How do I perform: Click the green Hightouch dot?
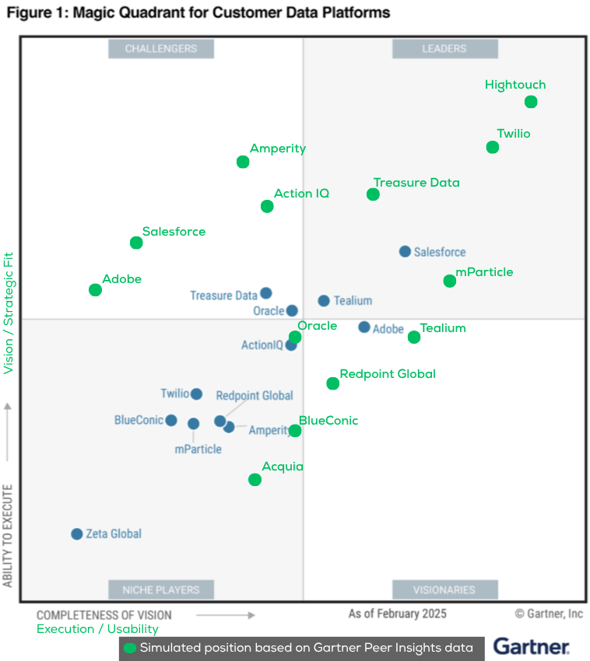pyautogui.click(x=531, y=102)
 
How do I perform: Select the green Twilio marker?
pyautogui.click(x=493, y=147)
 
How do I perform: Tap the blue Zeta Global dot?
pyautogui.click(x=77, y=534)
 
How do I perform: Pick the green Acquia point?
pyautogui.click(x=255, y=480)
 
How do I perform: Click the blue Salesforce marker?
pyautogui.click(x=405, y=251)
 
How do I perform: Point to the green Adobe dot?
pyautogui.click(x=95, y=290)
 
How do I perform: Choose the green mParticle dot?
pyautogui.click(x=450, y=281)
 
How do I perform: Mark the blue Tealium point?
pyautogui.click(x=324, y=301)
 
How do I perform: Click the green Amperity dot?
pyautogui.click(x=243, y=162)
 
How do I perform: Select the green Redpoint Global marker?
pyautogui.click(x=333, y=383)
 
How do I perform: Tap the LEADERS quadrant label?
pyautogui.click(x=444, y=49)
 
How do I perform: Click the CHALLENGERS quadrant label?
pyautogui.click(x=161, y=49)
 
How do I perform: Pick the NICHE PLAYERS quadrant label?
pyautogui.click(x=161, y=589)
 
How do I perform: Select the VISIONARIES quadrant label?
pyautogui.click(x=444, y=589)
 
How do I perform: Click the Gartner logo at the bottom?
pyautogui.click(x=532, y=646)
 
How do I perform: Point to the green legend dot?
pyautogui.click(x=130, y=647)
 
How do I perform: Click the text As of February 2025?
pyautogui.click(x=397, y=614)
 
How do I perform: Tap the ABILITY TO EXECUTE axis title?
pyautogui.click(x=9, y=536)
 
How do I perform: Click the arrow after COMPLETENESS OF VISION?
pyautogui.click(x=225, y=615)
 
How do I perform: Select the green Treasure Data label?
pyautogui.click(x=416, y=183)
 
